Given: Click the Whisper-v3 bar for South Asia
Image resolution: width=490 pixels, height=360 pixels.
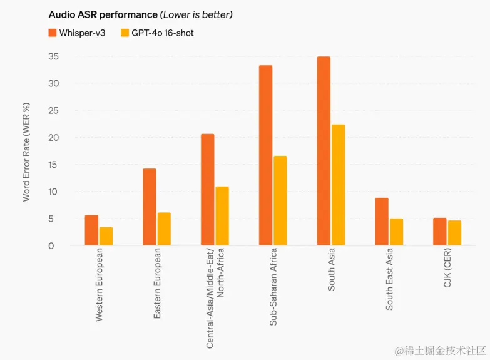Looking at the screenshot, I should [x=324, y=151].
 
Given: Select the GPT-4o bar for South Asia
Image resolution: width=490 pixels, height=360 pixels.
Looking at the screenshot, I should [x=338, y=185].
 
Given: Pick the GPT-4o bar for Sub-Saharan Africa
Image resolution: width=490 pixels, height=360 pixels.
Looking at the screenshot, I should [x=280, y=200].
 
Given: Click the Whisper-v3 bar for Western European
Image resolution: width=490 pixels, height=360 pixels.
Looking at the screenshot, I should [x=91, y=230].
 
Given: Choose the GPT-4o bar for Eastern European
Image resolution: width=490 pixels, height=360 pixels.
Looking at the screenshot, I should [x=164, y=229].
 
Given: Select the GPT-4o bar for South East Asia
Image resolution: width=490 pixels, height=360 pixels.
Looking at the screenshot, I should [x=396, y=232].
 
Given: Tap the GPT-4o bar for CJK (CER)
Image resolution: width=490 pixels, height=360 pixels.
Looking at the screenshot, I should [x=454, y=233].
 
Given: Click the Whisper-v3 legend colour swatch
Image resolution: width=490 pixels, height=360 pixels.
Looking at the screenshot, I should [x=53, y=33].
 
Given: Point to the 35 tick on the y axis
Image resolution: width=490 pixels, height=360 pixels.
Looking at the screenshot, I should [x=53, y=57].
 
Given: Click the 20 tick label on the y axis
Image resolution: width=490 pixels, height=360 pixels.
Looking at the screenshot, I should [x=53, y=138].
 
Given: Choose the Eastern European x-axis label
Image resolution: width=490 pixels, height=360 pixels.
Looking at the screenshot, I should [x=157, y=284].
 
